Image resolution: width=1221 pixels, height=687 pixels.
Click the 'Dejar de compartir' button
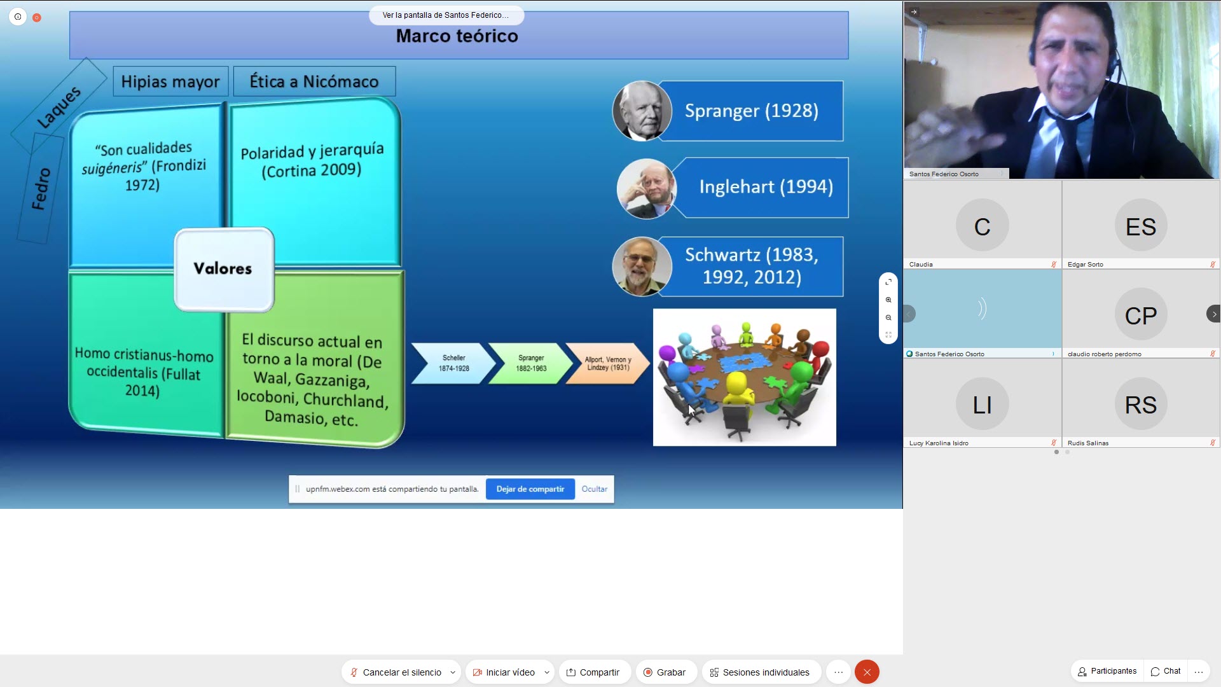530,489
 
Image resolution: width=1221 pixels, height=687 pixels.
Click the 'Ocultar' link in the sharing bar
594,489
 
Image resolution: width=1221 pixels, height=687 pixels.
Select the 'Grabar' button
665,672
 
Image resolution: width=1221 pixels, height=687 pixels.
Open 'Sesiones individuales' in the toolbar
760,672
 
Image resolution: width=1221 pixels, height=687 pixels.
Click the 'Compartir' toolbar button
593,672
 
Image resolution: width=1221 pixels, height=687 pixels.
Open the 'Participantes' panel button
1107,671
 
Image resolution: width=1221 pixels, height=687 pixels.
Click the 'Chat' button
1166,671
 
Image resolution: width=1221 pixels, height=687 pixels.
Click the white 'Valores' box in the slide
224,269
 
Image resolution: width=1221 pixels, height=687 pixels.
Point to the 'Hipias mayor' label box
170,81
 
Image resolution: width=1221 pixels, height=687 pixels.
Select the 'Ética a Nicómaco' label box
314,81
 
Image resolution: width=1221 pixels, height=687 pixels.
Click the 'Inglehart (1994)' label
766,187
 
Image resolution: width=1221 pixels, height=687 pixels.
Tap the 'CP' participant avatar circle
1141,314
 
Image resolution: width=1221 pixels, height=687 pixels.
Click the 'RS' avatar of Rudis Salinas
1141,404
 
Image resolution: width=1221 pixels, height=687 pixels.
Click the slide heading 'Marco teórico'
457,36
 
